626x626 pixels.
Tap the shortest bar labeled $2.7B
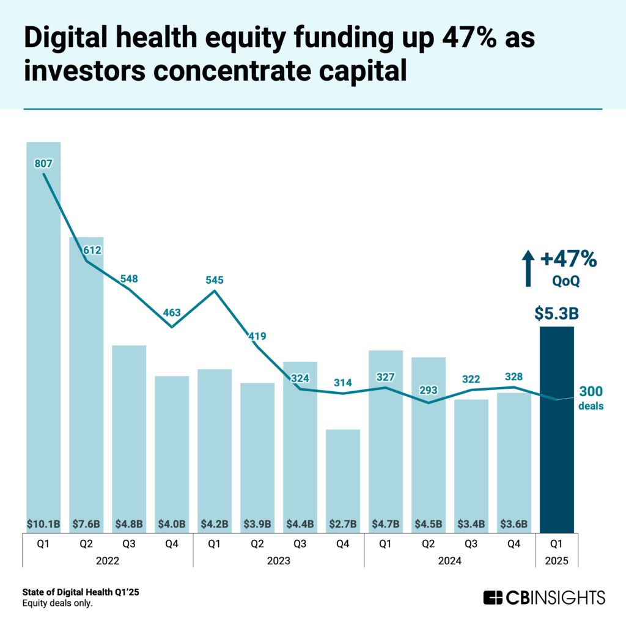click(343, 477)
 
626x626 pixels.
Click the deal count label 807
click(43, 163)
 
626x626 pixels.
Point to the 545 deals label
click(215, 280)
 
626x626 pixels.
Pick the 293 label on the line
click(429, 389)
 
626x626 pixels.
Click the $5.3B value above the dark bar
click(557, 314)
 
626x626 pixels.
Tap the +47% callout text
click(568, 259)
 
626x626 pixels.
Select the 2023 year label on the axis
click(279, 560)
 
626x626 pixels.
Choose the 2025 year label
click(557, 560)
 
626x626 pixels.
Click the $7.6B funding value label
click(86, 524)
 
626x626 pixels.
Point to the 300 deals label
click(591, 392)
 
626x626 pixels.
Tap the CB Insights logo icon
click(493, 597)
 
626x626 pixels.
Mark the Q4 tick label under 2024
click(514, 542)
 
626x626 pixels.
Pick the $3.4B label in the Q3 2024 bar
click(471, 524)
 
